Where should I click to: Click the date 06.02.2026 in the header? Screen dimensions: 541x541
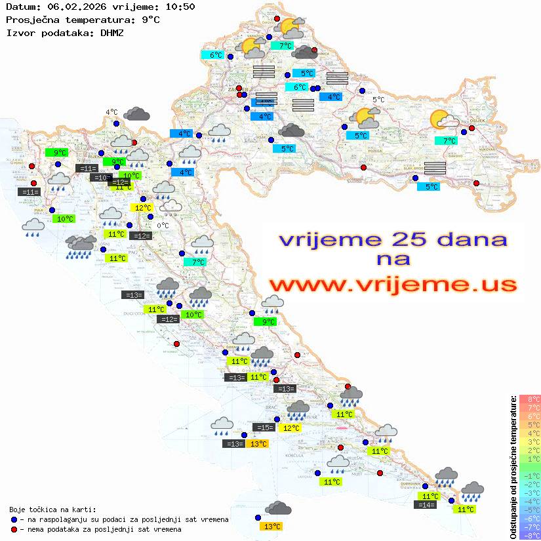tap(70, 7)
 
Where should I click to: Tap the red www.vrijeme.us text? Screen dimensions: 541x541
tap(392, 285)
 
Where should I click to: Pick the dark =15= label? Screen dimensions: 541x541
tap(263, 428)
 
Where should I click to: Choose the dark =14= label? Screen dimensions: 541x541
tap(425, 505)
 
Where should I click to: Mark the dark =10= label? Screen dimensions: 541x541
tap(100, 178)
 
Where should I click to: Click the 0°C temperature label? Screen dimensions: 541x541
tap(163, 226)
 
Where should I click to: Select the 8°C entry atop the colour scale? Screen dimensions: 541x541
tap(530, 399)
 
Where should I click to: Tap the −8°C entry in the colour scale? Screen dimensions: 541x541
tap(530, 535)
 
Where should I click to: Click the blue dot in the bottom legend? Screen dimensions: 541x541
tap(14, 519)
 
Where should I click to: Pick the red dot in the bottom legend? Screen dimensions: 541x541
tap(14, 529)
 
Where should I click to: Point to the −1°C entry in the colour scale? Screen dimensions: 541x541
tap(530, 475)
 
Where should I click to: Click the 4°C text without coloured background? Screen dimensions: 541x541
tap(111, 112)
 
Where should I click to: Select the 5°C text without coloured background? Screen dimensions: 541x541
tap(378, 100)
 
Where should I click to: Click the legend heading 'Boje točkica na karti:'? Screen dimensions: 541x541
tap(52, 510)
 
